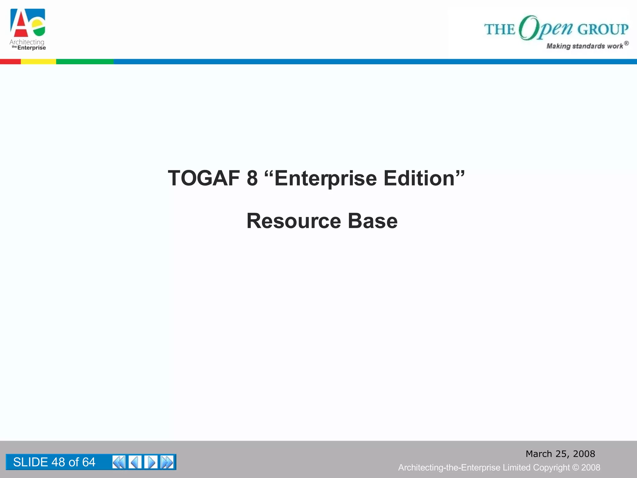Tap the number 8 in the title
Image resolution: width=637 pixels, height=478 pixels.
click(252, 178)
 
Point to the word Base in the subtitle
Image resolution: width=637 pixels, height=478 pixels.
click(372, 221)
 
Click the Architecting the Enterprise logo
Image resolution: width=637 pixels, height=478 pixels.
click(28, 30)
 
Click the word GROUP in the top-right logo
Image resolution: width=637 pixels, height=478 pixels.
click(603, 29)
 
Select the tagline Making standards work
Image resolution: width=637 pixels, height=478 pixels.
click(585, 46)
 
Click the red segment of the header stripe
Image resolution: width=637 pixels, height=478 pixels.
click(10, 62)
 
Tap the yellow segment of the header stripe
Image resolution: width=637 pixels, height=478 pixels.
click(38, 62)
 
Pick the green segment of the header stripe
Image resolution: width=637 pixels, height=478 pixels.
click(85, 62)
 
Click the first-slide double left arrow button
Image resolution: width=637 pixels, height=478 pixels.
click(119, 462)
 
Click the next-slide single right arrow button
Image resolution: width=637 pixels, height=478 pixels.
click(151, 462)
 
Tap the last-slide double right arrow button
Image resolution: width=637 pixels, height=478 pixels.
click(167, 462)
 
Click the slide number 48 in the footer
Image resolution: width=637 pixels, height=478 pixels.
click(58, 462)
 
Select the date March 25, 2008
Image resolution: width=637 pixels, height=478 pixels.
click(560, 454)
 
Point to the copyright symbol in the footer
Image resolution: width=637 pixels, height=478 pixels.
click(576, 467)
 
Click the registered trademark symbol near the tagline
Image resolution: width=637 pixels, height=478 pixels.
click(626, 43)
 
